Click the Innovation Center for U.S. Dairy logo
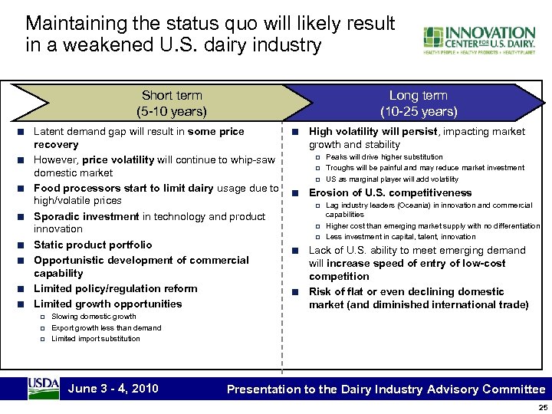pos(478,40)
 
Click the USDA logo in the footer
pos(43,388)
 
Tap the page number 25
pos(543,407)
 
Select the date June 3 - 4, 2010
pos(113,388)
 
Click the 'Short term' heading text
pos(172,96)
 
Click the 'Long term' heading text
pos(418,96)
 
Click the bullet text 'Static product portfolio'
pos(93,245)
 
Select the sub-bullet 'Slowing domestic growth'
pos(94,317)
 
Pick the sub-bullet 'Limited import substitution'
pos(96,338)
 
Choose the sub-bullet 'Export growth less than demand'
pos(106,327)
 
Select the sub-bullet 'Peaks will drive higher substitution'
pos(384,157)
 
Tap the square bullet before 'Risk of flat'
pos(295,292)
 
